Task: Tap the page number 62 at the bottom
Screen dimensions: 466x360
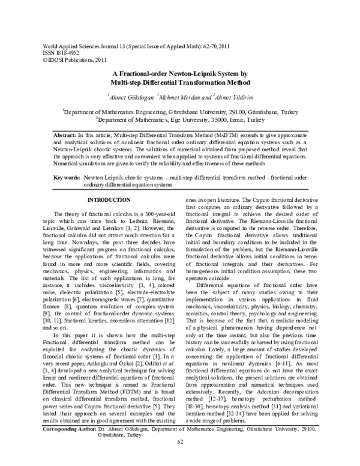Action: click(x=180, y=459)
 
